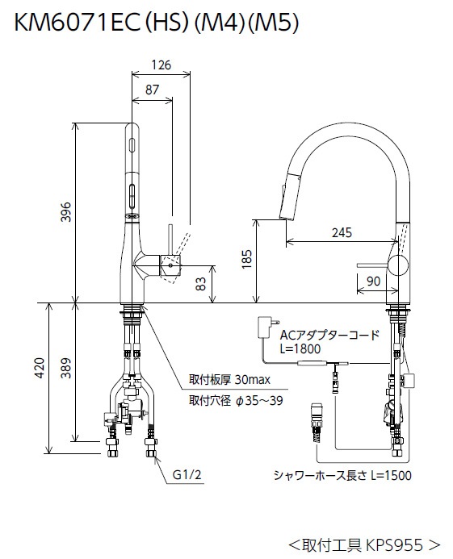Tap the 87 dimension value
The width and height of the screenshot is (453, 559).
coord(151,92)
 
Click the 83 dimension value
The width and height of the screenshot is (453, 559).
coord(202,284)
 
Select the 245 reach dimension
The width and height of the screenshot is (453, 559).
coord(342,234)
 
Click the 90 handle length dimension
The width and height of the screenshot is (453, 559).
coord(372,281)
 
